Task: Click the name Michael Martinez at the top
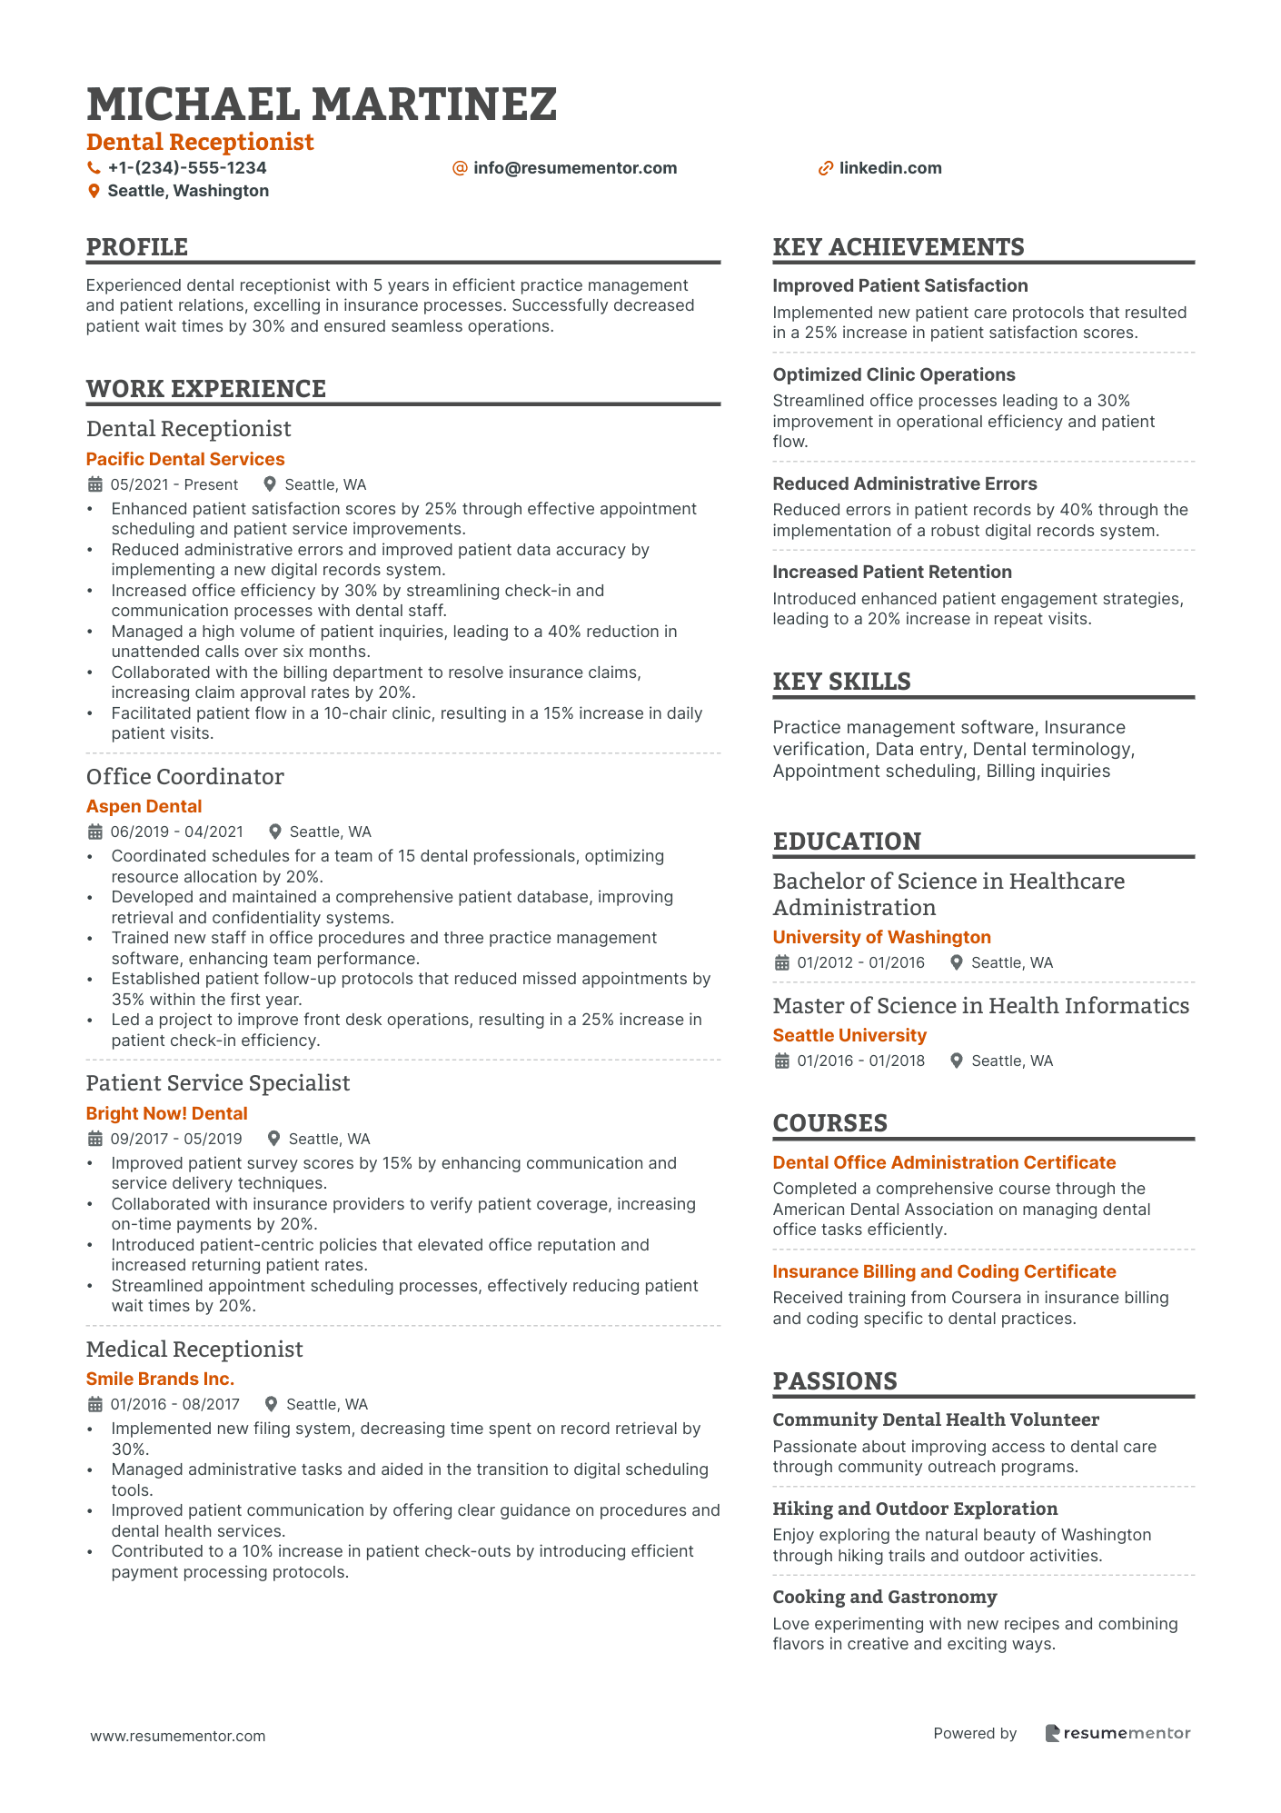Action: (322, 105)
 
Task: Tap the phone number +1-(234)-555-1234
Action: (186, 168)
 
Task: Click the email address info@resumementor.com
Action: (574, 168)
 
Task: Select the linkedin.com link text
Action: (889, 168)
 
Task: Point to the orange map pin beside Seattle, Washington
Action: (94, 191)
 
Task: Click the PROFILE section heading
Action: (137, 247)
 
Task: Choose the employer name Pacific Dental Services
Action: (185, 459)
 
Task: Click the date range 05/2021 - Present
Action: (174, 484)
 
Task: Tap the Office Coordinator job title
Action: (184, 777)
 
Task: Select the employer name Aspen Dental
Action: (144, 806)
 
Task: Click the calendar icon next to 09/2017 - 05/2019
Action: (94, 1139)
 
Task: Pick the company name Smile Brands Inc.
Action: (160, 1379)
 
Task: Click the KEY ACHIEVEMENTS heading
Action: (898, 247)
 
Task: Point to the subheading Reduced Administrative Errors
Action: (904, 483)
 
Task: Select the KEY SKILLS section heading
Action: (841, 682)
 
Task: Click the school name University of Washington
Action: (881, 937)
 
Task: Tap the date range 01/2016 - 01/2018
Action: (860, 1061)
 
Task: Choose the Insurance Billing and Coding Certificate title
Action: (944, 1271)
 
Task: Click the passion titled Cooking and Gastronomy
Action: (884, 1597)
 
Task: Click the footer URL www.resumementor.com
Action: (178, 1736)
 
